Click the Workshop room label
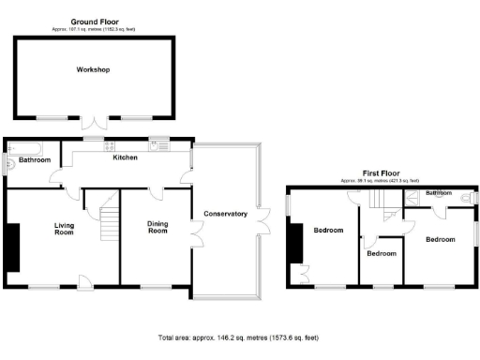click(94, 70)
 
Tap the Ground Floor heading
click(94, 20)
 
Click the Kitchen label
click(126, 157)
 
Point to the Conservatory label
click(225, 214)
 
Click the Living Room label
click(64, 229)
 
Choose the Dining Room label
click(157, 229)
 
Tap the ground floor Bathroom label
click(34, 160)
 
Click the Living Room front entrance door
click(83, 277)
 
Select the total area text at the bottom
click(240, 337)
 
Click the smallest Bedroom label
click(382, 253)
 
